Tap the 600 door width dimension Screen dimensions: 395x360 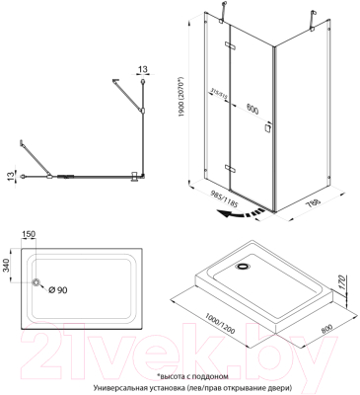pyautogui.click(x=252, y=85)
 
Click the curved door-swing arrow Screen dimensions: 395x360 pyautogui.click(x=242, y=210)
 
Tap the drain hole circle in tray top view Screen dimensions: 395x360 pyautogui.click(x=39, y=285)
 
